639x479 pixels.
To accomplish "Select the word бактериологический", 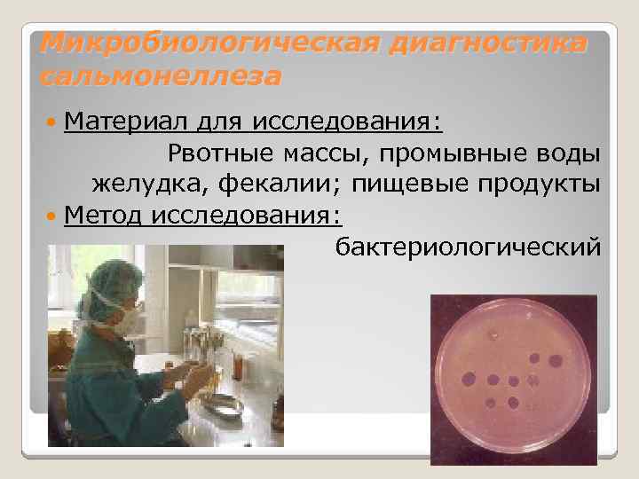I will pos(467,246).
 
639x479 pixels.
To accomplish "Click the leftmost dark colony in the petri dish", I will pos(467,380).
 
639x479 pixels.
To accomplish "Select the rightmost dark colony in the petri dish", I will pos(556,361).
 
